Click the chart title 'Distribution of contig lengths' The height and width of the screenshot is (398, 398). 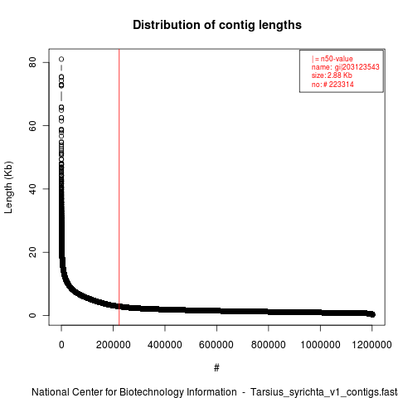(217, 25)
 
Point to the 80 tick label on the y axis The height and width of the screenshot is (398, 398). (32, 62)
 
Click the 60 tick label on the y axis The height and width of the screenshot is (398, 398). (32, 126)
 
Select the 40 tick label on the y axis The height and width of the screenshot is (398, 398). (32, 189)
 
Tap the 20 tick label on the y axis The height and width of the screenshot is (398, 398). (32, 252)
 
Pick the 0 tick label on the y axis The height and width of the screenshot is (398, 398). (32, 315)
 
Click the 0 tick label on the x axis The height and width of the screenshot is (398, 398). (61, 345)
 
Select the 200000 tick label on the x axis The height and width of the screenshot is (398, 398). (114, 345)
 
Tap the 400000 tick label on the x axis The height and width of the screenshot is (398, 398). (165, 345)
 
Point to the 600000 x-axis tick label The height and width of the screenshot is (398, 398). (216, 345)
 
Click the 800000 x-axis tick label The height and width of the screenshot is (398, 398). (269, 345)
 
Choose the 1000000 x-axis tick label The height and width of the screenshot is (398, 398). (320, 345)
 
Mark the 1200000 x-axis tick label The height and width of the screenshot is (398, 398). (371, 345)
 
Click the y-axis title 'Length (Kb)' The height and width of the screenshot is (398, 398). (9, 187)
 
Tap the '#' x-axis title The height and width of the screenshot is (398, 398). (216, 368)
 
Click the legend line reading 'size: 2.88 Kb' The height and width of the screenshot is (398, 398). (332, 75)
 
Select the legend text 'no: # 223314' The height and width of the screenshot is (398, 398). (332, 84)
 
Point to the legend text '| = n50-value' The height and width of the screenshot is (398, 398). (332, 59)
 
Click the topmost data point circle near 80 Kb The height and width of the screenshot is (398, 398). (61, 59)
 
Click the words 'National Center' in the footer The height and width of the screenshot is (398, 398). (73, 392)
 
